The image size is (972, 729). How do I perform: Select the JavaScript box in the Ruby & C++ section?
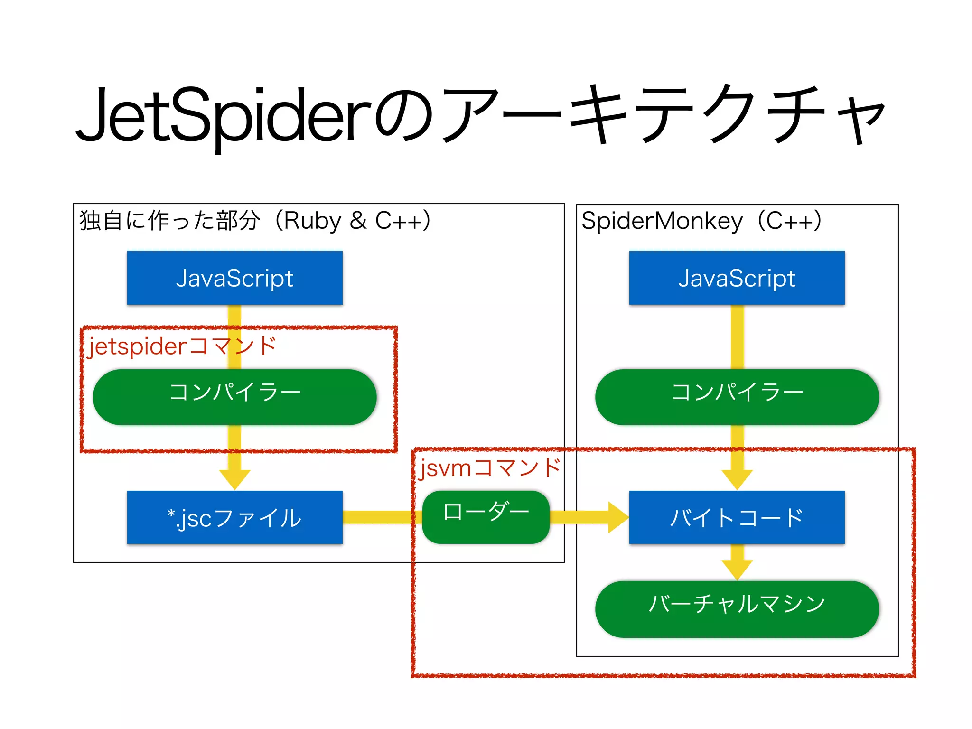click(x=234, y=278)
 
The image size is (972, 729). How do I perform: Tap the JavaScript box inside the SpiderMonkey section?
click(x=737, y=278)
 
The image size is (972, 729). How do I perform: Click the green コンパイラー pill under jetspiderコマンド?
click(x=234, y=397)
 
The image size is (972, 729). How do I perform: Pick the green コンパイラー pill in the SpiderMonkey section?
click(x=737, y=397)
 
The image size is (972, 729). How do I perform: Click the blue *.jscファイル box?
click(x=234, y=517)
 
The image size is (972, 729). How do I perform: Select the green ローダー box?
click(x=486, y=516)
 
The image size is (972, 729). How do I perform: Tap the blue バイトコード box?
click(x=737, y=517)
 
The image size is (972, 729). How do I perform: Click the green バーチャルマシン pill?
click(x=737, y=608)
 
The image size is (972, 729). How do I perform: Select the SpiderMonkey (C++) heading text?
click(x=701, y=221)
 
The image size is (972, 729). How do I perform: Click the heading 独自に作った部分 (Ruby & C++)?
click(x=255, y=221)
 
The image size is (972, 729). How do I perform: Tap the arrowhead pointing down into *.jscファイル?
click(x=234, y=478)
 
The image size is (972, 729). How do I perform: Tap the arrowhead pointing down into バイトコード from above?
click(x=737, y=478)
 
